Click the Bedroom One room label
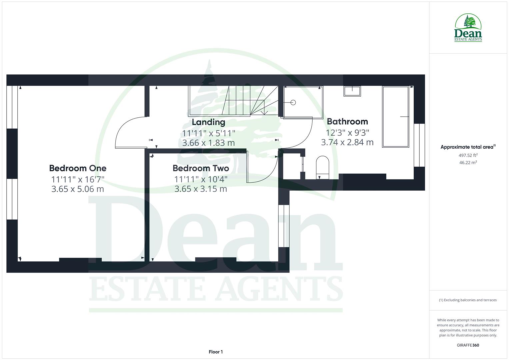tap(78, 168)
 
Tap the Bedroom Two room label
tap(201, 168)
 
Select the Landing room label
tap(208, 122)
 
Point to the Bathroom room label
tap(347, 121)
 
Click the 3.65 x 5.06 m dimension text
tap(78, 189)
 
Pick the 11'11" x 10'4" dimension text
tap(201, 179)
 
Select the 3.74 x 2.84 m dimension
tap(347, 142)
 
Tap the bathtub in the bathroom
tap(396, 117)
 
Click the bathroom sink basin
tap(352, 91)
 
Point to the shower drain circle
tap(293, 103)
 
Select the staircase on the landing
tap(233, 100)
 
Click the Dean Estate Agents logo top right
tap(468, 28)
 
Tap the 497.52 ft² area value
tap(468, 155)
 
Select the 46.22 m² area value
tap(468, 163)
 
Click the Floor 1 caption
tap(216, 352)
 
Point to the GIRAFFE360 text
tap(468, 345)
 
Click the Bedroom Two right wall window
tap(284, 226)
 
